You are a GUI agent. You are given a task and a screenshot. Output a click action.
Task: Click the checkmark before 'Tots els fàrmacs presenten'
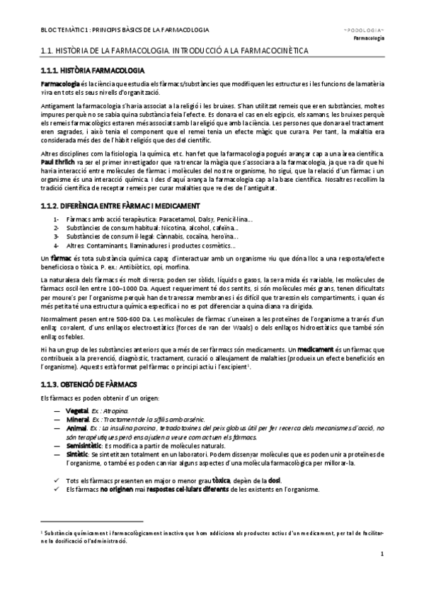click(56, 480)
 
